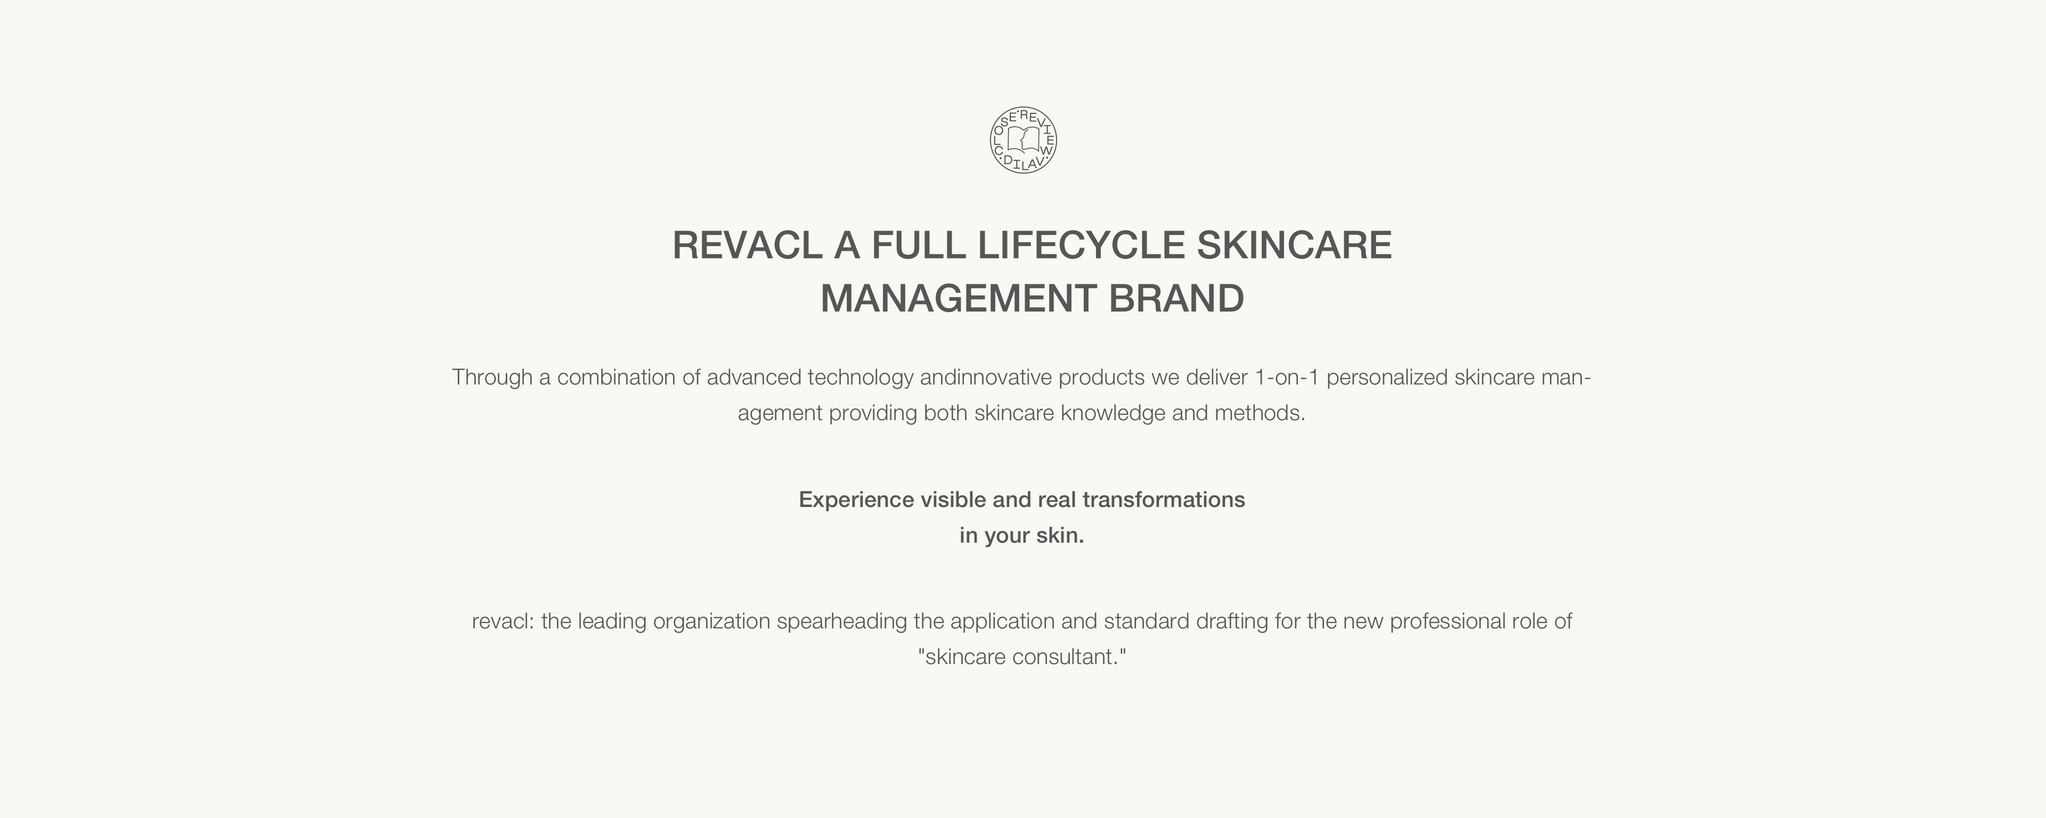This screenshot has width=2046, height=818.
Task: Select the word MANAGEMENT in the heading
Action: tap(959, 299)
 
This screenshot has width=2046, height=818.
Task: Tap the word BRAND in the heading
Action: tap(1176, 299)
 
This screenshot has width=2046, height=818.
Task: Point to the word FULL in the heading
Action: tap(918, 244)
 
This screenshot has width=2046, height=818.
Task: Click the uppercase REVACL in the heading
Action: tap(746, 244)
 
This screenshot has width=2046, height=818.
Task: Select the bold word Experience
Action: tap(856, 500)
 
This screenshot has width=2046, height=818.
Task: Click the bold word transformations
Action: tap(1164, 500)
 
